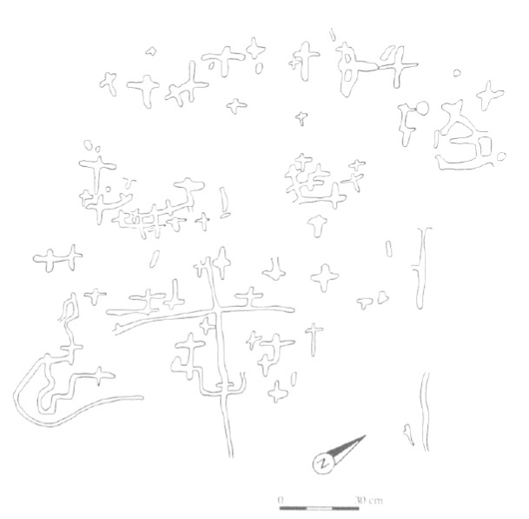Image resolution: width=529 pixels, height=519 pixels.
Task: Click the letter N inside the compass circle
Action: pyautogui.click(x=323, y=463)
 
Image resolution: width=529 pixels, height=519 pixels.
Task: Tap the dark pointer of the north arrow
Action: pyautogui.click(x=347, y=446)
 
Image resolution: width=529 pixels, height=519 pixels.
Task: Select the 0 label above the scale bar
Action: pyautogui.click(x=280, y=499)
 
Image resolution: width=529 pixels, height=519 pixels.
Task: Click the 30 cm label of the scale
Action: pyautogui.click(x=368, y=500)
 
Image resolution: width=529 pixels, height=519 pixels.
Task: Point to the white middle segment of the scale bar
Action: pyautogui.click(x=320, y=508)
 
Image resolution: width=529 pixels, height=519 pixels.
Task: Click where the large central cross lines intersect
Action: pyautogui.click(x=216, y=309)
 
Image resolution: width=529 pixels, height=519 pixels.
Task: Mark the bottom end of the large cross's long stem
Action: pyautogui.click(x=231, y=456)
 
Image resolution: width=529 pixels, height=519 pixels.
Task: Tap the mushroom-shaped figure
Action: pyautogui.click(x=317, y=225)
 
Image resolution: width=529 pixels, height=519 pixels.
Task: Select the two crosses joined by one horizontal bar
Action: pyautogui.click(x=57, y=259)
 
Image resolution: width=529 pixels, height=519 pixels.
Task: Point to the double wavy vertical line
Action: pyautogui.click(x=426, y=411)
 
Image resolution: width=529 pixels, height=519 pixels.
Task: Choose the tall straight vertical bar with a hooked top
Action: pyautogui.click(x=420, y=269)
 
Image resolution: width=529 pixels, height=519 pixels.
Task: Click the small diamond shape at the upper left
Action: pyautogui.click(x=151, y=51)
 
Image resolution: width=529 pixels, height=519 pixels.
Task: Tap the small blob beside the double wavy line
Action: pyautogui.click(x=408, y=435)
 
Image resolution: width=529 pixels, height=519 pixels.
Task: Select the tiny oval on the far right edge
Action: pyautogui.click(x=501, y=156)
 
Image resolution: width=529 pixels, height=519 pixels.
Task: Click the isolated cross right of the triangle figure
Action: pyautogui.click(x=490, y=94)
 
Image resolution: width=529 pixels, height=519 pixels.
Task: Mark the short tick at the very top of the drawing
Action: pyautogui.click(x=333, y=35)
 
